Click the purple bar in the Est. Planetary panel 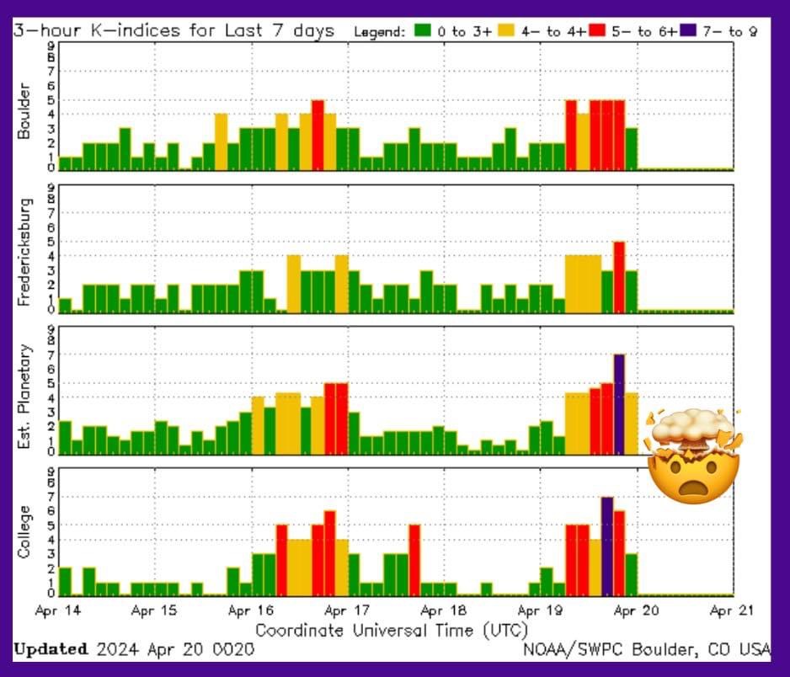619,404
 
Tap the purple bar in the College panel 606,546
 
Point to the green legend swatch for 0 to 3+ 423,31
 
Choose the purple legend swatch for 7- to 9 688,31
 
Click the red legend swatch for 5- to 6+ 597,31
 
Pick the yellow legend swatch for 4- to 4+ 505,31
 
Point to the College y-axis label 24,531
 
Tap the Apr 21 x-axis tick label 732,610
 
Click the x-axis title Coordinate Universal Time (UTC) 392,629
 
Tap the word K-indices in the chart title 119,31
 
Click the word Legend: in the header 380,32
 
